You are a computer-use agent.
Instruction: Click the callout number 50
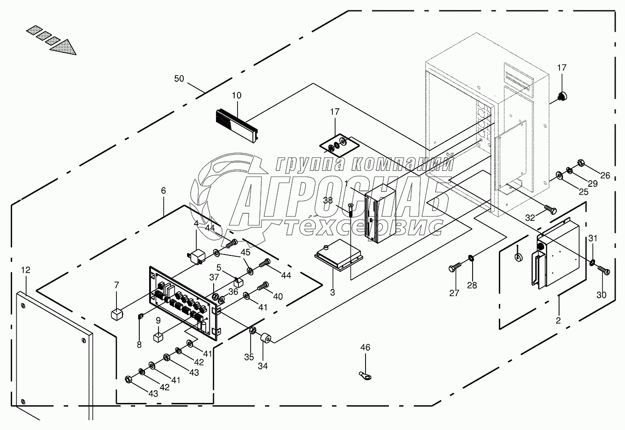(x=179, y=79)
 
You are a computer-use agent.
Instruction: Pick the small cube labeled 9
(x=158, y=336)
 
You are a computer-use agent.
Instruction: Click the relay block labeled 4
(x=195, y=256)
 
